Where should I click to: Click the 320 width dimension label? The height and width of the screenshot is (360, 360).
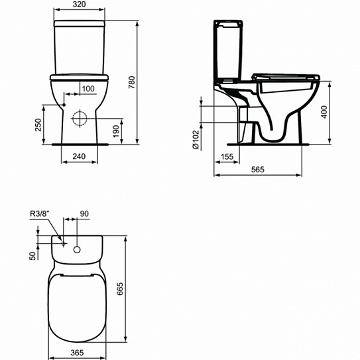click(79, 5)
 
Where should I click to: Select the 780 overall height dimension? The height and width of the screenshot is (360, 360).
click(132, 82)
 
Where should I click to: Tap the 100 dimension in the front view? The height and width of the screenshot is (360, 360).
click(88, 89)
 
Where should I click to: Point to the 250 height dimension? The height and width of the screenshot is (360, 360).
click(38, 125)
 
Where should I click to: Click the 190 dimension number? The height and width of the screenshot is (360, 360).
click(117, 131)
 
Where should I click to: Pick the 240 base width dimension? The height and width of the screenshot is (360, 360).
click(79, 156)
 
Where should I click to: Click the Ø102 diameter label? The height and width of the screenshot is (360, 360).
click(196, 140)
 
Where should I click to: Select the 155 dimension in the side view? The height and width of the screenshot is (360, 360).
click(227, 157)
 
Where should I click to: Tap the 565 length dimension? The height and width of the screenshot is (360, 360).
click(258, 170)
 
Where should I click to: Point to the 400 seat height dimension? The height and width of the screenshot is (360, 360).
click(324, 112)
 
